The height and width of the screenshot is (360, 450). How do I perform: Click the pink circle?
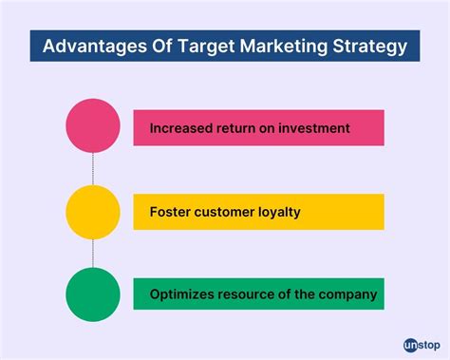92,127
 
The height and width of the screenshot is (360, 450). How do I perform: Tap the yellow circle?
92,212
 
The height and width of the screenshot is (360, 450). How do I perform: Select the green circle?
92,294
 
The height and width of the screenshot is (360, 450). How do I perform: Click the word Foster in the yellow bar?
171,212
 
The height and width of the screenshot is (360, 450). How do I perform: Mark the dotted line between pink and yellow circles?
92,169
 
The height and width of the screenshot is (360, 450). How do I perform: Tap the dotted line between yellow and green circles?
92,253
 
